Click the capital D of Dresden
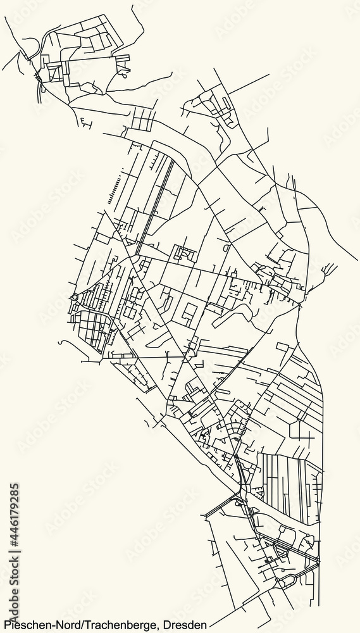point(169,626)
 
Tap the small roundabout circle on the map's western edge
point(74,296)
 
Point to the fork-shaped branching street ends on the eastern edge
point(329,270)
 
